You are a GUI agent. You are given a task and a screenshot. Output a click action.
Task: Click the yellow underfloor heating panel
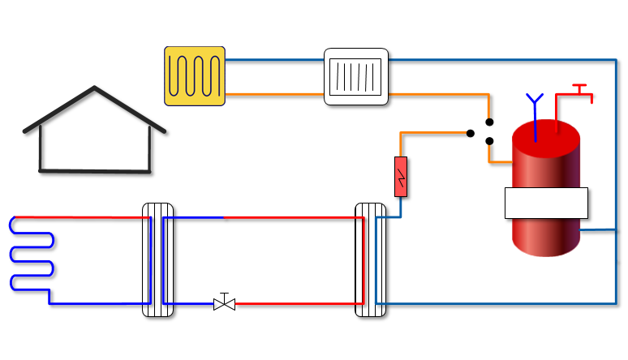pos(195,75)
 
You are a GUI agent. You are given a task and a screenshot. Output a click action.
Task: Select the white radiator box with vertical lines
pos(356,77)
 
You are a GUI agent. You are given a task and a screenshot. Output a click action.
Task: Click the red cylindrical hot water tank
pos(546,235)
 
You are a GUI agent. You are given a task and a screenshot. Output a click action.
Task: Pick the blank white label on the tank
pos(546,203)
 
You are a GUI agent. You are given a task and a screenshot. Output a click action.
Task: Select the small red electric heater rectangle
pos(401,176)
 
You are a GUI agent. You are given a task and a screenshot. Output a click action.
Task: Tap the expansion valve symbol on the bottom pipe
pos(224,303)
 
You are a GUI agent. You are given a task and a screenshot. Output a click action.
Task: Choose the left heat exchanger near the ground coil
pos(157,259)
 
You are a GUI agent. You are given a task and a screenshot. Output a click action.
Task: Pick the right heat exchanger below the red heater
pos(371,259)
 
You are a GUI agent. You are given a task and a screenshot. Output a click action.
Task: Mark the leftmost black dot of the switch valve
pos(471,133)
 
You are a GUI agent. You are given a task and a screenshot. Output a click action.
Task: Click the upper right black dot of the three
pos(489,123)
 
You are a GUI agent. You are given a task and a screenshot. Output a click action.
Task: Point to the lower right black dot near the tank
pos(489,141)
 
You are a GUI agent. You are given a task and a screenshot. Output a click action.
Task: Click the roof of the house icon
pos(95,90)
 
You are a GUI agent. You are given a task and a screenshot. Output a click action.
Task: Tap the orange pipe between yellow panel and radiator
pos(274,95)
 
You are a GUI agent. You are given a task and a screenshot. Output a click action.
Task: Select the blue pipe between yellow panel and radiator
pos(274,60)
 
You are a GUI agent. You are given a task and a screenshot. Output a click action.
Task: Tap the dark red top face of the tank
pos(546,135)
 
